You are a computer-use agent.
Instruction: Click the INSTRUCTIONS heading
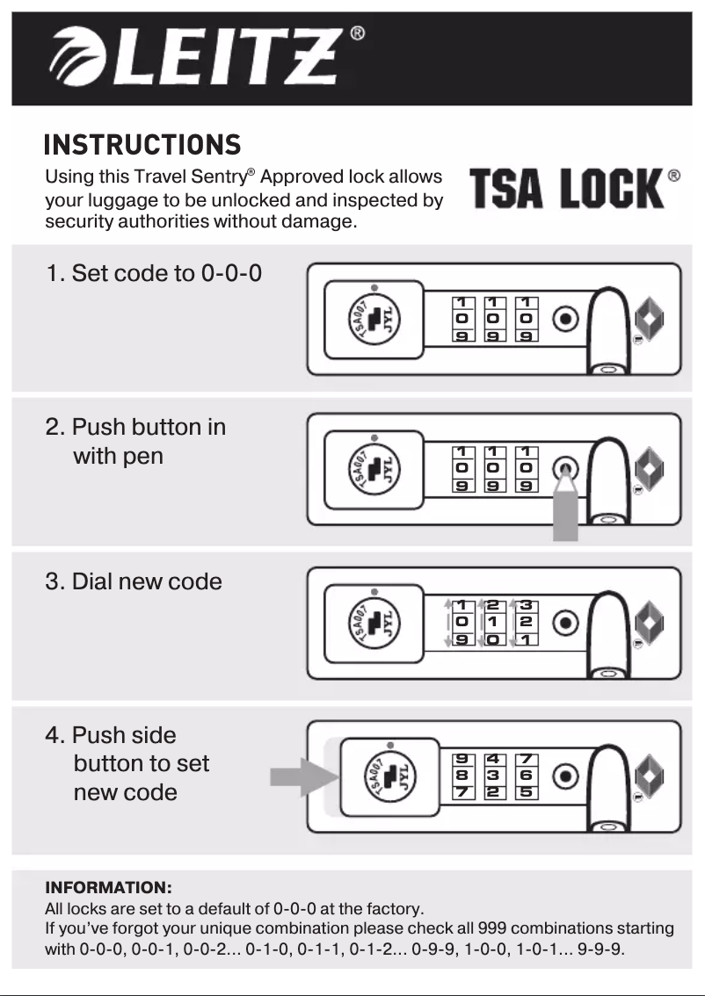(142, 144)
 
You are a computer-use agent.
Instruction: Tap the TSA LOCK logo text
(566, 190)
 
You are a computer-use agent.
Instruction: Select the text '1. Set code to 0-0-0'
(154, 273)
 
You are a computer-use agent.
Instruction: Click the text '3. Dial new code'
(134, 581)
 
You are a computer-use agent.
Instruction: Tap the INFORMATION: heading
(108, 887)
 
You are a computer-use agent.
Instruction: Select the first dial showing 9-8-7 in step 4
(462, 776)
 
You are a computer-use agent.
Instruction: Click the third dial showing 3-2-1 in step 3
(526, 622)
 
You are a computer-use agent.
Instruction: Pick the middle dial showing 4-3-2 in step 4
(493, 776)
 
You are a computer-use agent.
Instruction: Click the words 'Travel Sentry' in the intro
(195, 177)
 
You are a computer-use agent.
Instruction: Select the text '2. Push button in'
(136, 428)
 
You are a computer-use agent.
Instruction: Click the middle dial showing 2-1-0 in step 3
(493, 622)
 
